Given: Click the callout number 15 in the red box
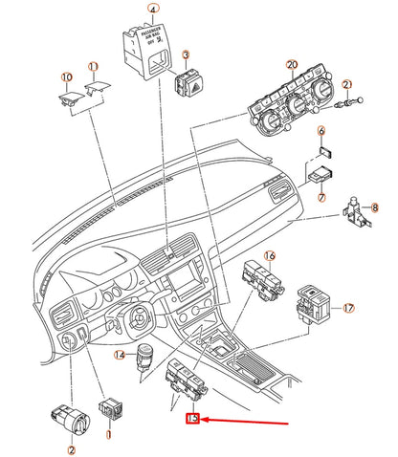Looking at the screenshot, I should pyautogui.click(x=193, y=418).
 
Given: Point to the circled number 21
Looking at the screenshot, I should pyautogui.click(x=347, y=84).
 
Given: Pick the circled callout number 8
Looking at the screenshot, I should pyautogui.click(x=376, y=207).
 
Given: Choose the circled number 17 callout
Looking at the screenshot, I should pyautogui.click(x=348, y=308).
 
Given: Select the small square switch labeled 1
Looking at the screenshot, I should pyautogui.click(x=109, y=406).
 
